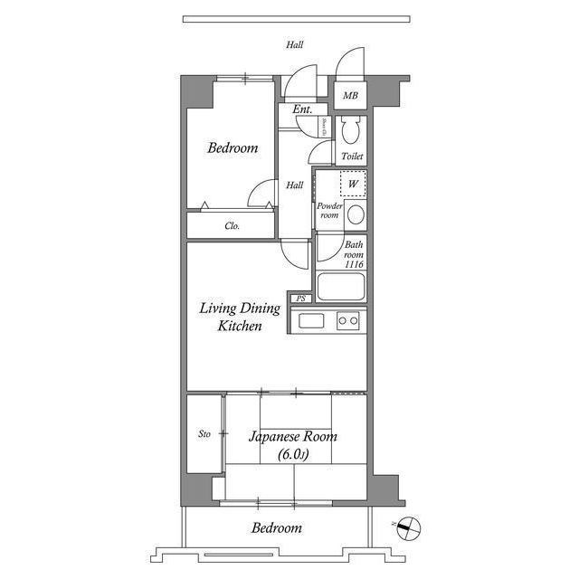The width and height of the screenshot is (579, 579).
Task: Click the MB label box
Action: [349, 95]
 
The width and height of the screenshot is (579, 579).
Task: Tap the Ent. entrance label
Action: [302, 109]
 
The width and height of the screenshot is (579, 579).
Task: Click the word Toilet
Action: [353, 157]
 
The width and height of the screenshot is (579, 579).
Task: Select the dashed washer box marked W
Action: [353, 185]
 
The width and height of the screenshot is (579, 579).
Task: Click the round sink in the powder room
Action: [356, 215]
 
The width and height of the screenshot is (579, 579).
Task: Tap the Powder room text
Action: [327, 210]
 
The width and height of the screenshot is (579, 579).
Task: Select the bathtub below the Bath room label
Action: [340, 289]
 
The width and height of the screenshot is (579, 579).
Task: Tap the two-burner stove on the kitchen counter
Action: [347, 320]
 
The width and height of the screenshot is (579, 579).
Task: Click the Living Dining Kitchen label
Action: [240, 317]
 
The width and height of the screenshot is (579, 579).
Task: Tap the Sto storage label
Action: [204, 434]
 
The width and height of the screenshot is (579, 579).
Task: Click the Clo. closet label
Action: [232, 226]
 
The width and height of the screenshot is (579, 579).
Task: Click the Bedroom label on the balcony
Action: [277, 527]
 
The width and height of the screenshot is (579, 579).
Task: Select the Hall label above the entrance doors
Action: [295, 44]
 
